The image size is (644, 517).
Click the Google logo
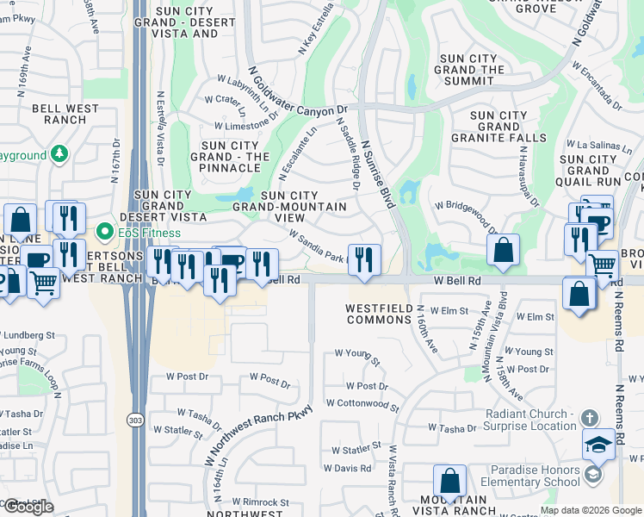click(x=28, y=507)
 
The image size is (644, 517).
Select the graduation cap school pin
click(x=598, y=445)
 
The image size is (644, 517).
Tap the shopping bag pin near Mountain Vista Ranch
click(x=449, y=481)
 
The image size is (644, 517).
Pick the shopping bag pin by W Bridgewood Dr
click(x=503, y=250)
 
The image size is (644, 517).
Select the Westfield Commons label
click(x=378, y=314)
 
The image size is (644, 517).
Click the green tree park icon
click(x=59, y=154)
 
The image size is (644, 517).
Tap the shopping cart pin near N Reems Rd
click(x=602, y=265)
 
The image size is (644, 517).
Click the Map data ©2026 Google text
click(x=590, y=509)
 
